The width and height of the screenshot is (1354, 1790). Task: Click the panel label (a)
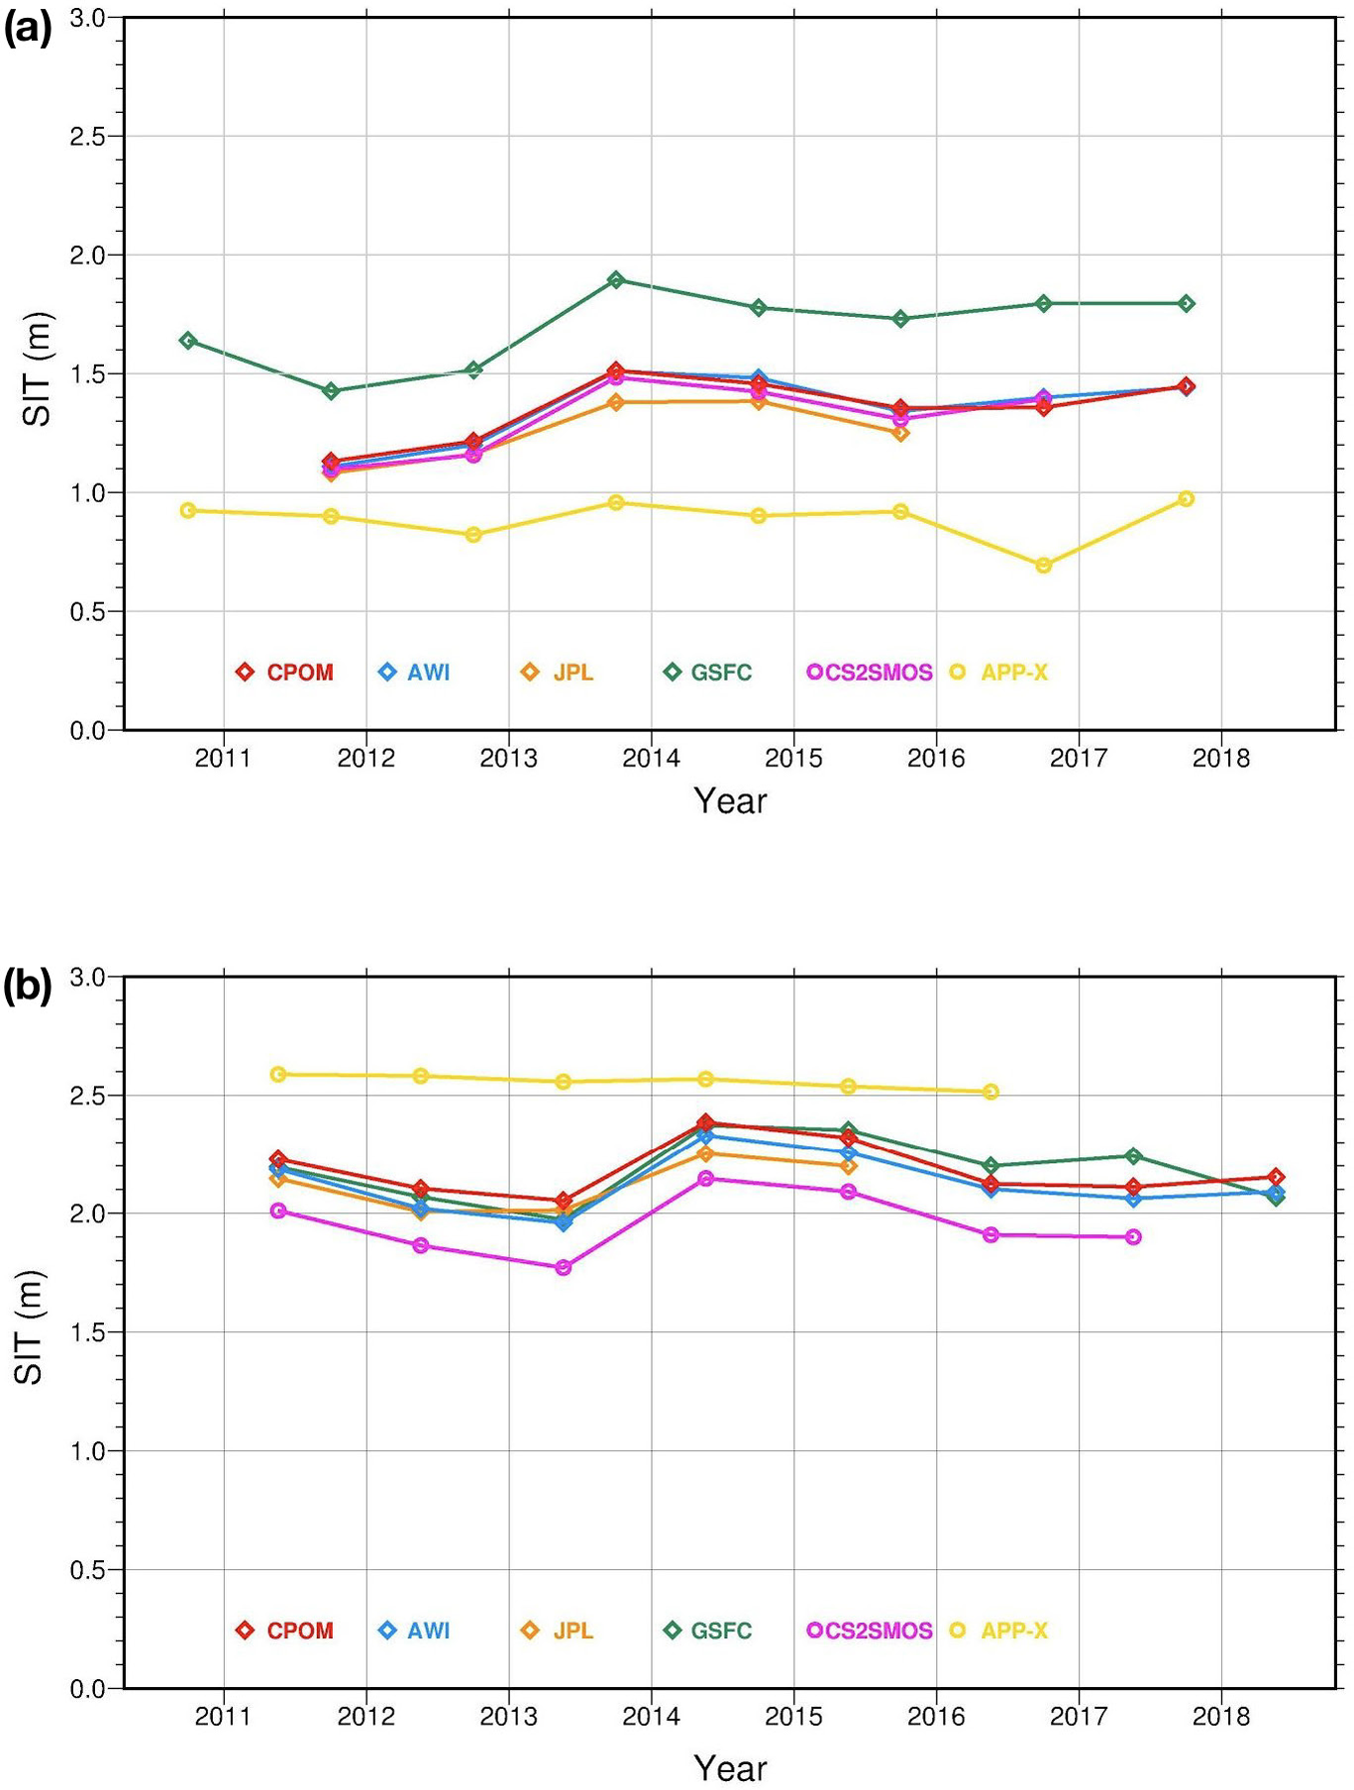click(28, 30)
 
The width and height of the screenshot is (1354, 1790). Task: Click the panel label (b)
click(28, 988)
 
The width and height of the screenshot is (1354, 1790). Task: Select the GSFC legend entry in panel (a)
click(708, 673)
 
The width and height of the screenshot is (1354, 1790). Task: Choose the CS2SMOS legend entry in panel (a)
click(871, 673)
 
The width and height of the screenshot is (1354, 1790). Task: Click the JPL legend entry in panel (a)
click(559, 673)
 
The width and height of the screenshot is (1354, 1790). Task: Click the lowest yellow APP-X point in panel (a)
click(1043, 566)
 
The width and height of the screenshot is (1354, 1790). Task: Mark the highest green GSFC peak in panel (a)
click(616, 279)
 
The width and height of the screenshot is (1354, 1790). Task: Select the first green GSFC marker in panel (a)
click(188, 341)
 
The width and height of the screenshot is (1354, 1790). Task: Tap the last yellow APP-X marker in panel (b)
click(990, 1092)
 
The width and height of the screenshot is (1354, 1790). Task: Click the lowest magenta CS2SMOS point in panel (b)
click(564, 1267)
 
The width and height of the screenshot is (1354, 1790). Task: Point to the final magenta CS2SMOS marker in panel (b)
click(1133, 1236)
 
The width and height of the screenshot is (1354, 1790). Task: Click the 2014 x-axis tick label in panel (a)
click(651, 759)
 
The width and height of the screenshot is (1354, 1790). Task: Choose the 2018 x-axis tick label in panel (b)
click(1220, 1717)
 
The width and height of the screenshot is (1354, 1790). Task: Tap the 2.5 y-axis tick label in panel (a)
click(88, 137)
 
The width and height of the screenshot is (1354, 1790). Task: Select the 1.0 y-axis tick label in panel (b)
click(88, 1451)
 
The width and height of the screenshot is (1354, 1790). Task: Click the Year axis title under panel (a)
click(730, 800)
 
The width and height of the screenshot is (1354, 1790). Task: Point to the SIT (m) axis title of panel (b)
click(30, 1327)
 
